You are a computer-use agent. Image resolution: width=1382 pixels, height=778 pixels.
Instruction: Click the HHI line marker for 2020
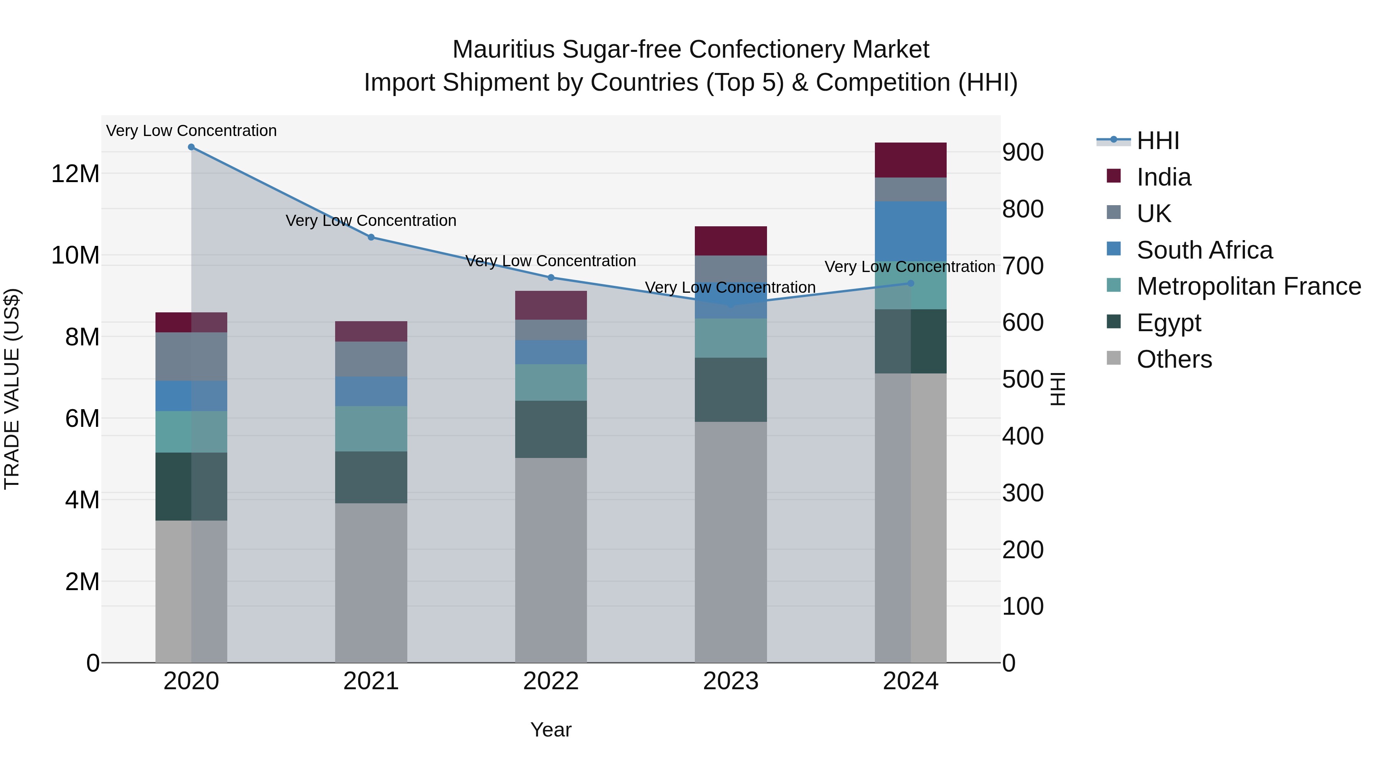tap(191, 147)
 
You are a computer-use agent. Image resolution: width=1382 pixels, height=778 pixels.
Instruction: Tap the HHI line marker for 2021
tap(371, 237)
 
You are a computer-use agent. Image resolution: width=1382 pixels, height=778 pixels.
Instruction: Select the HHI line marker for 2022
tap(551, 278)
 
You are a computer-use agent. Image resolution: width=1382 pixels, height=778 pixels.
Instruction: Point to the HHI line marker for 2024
tap(911, 284)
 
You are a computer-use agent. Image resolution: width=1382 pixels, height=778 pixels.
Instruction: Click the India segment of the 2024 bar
tap(911, 160)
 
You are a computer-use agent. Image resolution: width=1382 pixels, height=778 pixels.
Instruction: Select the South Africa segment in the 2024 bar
tap(911, 231)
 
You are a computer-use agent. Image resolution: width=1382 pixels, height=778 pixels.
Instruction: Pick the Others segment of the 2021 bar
tap(371, 582)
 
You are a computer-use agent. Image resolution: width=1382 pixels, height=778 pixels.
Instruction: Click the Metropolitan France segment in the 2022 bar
tap(551, 382)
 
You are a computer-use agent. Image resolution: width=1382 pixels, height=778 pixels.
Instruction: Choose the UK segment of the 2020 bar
tap(191, 357)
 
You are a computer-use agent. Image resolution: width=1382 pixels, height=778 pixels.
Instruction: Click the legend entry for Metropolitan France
tap(1248, 286)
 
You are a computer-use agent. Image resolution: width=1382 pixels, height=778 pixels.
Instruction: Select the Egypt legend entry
tap(1169, 323)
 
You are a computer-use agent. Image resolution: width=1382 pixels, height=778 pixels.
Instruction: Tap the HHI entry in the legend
tap(1158, 141)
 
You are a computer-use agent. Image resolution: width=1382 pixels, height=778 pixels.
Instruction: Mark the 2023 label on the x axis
tap(731, 681)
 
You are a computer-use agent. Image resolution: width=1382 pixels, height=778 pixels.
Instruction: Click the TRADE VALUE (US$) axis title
tap(12, 389)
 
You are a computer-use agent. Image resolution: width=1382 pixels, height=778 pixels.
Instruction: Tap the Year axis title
tap(551, 730)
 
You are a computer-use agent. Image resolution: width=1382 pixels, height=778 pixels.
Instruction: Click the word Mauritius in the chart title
tap(503, 50)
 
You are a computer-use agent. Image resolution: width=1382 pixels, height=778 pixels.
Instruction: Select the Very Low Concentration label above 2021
tap(371, 221)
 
